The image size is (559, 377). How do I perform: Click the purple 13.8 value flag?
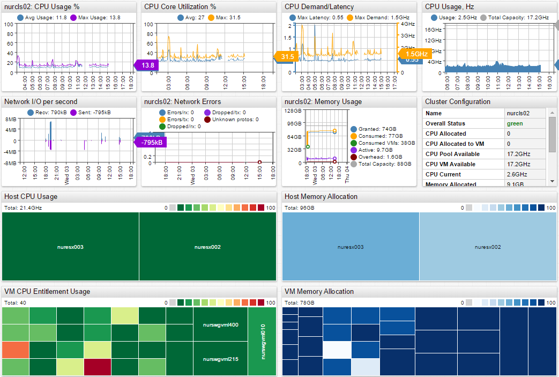(147, 65)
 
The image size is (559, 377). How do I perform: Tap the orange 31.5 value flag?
(288, 57)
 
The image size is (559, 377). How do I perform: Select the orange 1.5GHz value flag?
(416, 54)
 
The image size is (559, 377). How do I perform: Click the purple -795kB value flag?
(151, 142)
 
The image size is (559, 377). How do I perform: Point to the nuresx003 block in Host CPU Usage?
(70, 247)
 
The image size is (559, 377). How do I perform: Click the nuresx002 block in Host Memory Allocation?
(488, 247)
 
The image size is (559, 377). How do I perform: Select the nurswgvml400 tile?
(220, 325)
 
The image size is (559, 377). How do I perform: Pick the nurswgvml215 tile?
(220, 358)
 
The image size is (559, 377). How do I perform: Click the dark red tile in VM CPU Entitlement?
(97, 367)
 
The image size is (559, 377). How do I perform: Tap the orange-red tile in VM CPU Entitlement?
(16, 350)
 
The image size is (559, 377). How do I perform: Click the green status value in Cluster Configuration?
(515, 123)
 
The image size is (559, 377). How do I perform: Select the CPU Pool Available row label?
(452, 154)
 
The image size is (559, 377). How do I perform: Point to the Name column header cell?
(434, 113)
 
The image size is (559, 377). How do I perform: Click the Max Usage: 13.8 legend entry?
(95, 18)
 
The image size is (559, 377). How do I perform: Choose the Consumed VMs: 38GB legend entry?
(383, 143)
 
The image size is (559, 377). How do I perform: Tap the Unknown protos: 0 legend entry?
(232, 120)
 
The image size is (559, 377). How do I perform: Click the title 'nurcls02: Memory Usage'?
(323, 102)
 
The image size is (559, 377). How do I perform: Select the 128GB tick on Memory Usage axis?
(294, 111)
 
